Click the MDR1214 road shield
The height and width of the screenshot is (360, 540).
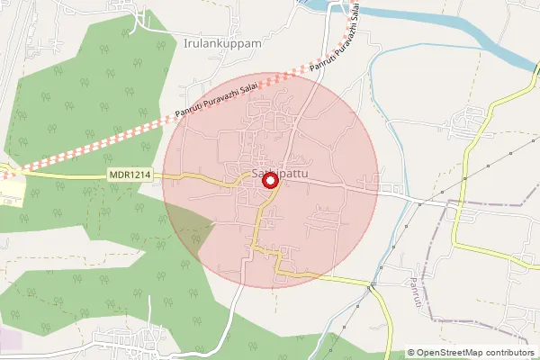point(129,175)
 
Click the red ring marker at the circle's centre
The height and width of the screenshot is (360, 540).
point(269,181)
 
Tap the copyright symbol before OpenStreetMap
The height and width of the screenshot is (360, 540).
point(411,353)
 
